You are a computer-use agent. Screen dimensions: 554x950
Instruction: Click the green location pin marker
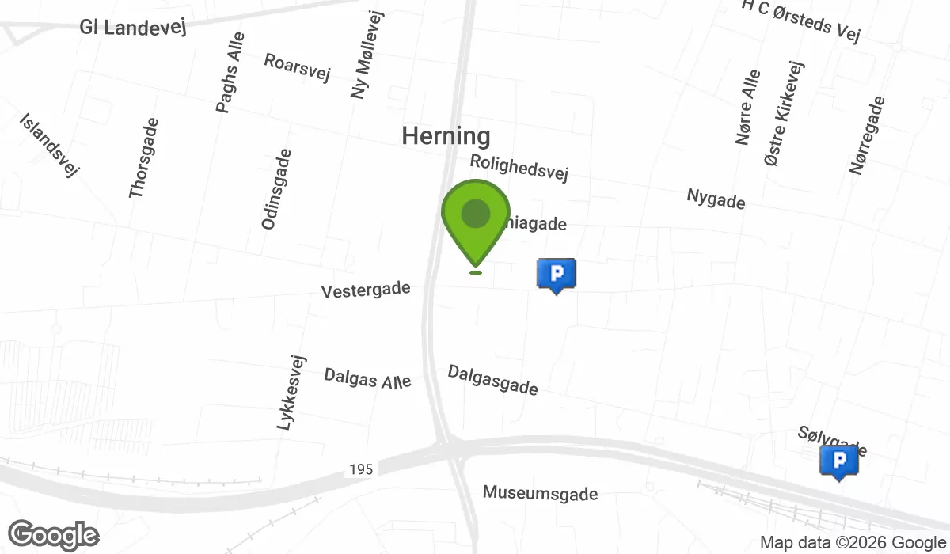(x=475, y=215)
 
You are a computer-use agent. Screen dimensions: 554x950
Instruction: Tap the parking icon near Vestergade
(x=557, y=275)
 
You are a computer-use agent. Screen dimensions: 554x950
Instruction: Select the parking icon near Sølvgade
(x=839, y=461)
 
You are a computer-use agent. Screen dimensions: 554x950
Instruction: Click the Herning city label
(x=446, y=136)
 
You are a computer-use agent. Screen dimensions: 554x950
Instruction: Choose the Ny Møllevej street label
(x=367, y=55)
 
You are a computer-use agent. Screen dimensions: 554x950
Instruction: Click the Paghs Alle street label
(x=230, y=72)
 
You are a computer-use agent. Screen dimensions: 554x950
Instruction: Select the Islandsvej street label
(x=49, y=144)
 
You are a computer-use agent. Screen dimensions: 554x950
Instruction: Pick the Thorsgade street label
(x=144, y=157)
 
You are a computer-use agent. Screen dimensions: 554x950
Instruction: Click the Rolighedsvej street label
(x=519, y=167)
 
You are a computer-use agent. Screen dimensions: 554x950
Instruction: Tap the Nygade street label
(x=716, y=199)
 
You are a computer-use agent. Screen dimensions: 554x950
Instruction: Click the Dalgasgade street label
(x=493, y=380)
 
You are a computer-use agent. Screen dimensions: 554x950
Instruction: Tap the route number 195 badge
(x=360, y=469)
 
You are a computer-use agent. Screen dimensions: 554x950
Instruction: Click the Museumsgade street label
(x=540, y=494)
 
